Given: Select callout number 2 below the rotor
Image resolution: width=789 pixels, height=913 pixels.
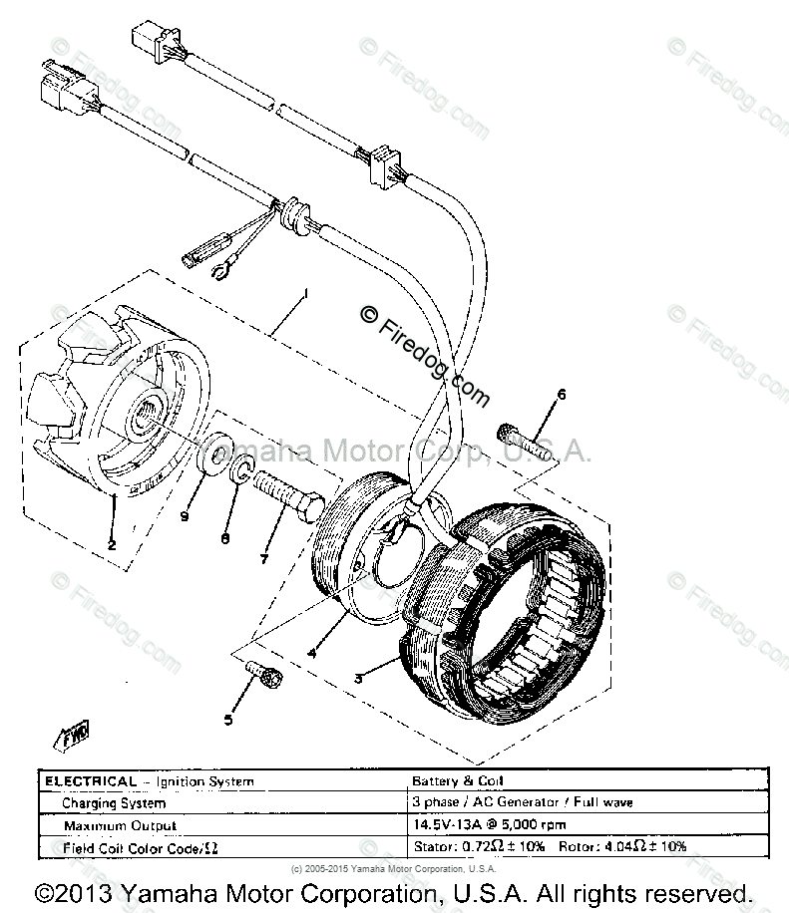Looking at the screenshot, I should click(112, 544).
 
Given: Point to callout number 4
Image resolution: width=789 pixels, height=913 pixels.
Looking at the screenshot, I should click(312, 653).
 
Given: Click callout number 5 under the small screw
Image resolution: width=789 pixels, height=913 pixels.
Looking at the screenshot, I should click(228, 719).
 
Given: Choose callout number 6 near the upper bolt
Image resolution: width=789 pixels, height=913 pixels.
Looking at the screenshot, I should click(561, 396).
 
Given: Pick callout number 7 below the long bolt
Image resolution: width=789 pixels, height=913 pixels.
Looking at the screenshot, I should click(263, 559).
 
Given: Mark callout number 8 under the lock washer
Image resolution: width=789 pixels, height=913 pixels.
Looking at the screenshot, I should click(225, 538).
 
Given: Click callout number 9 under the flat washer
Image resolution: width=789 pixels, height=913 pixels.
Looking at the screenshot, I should click(185, 516).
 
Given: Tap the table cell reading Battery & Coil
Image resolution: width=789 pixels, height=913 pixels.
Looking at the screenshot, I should click(450, 782).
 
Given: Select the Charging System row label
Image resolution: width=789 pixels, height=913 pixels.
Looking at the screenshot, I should click(113, 803).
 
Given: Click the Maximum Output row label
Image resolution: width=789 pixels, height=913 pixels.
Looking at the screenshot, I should click(119, 825).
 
